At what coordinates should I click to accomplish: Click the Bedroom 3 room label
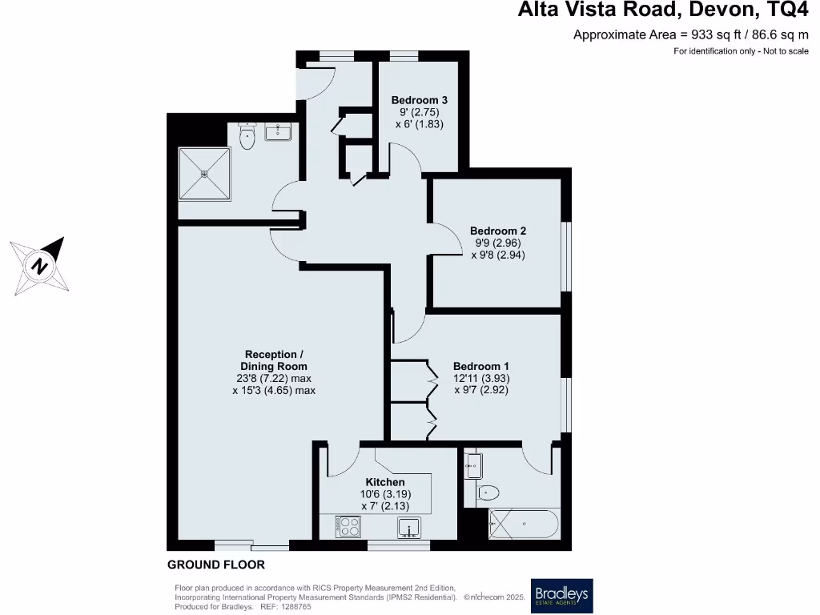click(419, 100)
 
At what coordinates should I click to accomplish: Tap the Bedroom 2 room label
click(497, 231)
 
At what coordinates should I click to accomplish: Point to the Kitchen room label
click(385, 482)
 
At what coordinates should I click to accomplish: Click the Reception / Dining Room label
click(274, 360)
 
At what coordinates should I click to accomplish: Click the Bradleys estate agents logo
click(561, 595)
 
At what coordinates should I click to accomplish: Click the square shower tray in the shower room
click(203, 173)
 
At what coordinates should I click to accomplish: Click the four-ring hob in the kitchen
click(349, 527)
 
